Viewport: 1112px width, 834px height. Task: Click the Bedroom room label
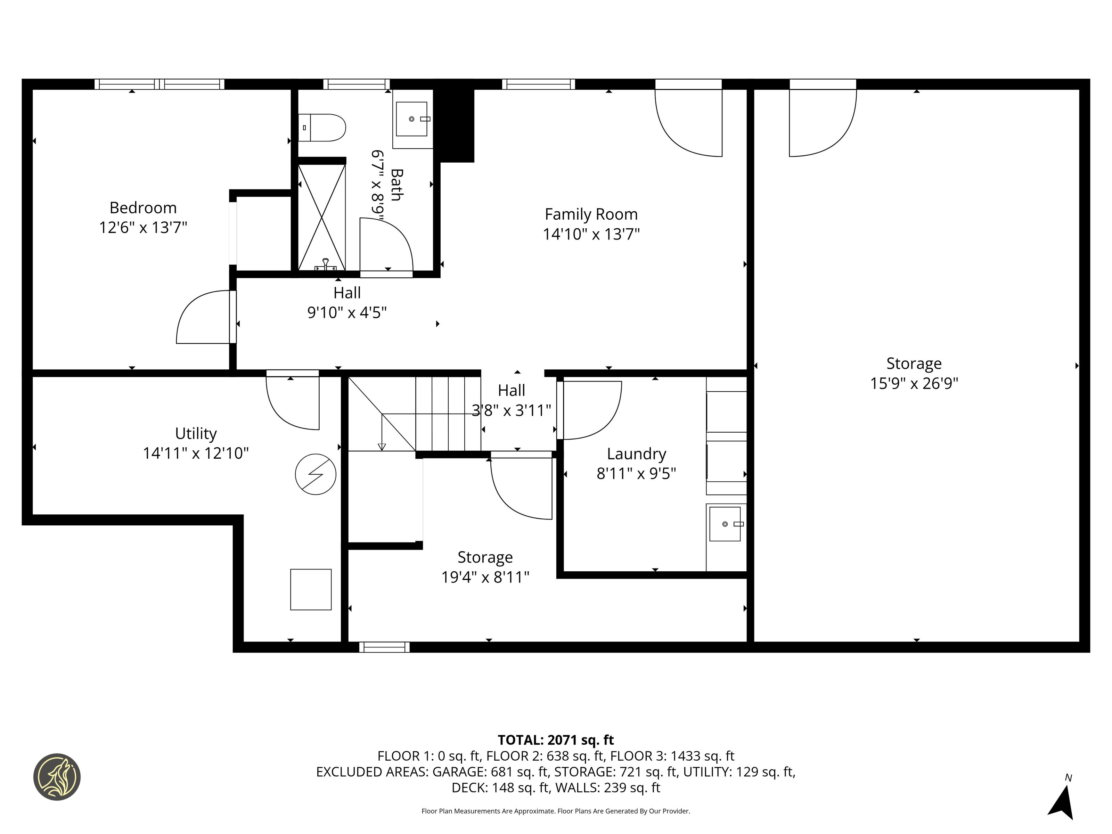(143, 207)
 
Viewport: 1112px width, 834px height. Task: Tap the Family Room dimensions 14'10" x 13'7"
(591, 234)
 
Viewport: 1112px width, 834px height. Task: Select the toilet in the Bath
(322, 128)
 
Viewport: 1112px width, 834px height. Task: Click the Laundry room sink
(725, 524)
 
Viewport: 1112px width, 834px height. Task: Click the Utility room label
(196, 433)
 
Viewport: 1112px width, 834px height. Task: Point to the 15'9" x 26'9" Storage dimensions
(914, 384)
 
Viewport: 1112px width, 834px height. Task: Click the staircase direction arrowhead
(382, 447)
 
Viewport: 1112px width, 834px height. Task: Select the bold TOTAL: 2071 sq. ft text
(556, 740)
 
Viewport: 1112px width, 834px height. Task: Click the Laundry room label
(636, 453)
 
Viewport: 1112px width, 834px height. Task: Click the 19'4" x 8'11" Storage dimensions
(485, 577)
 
